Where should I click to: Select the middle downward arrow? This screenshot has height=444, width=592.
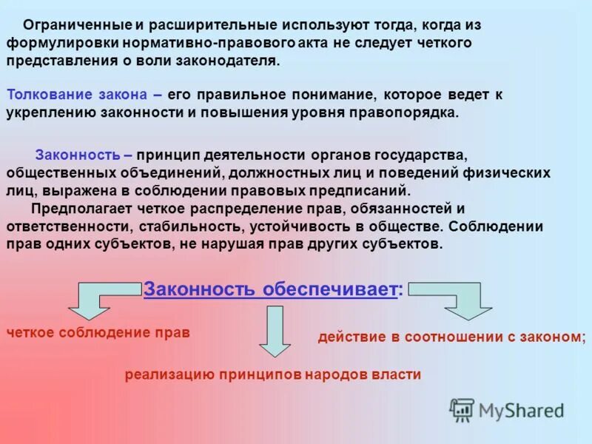(275, 330)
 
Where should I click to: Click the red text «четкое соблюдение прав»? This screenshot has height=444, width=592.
(98, 332)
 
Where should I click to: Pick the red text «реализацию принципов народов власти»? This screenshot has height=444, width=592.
(273, 374)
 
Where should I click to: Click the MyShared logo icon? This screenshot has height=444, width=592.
(462, 410)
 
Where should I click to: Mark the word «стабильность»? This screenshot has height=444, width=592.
(188, 226)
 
